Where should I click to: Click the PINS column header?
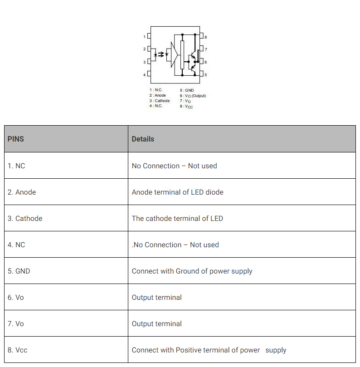click(x=16, y=139)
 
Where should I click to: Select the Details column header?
click(x=143, y=139)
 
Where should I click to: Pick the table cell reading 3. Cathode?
click(x=25, y=218)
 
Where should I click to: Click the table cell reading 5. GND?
click(x=19, y=271)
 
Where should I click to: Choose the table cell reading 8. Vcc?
click(x=18, y=350)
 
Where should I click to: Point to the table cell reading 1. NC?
click(x=16, y=166)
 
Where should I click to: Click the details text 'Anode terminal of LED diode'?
click(x=177, y=192)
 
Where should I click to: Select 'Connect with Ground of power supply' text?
click(x=192, y=271)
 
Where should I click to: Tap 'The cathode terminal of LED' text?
click(x=177, y=218)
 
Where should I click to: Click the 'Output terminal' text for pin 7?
click(x=156, y=323)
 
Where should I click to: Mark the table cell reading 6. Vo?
click(x=16, y=297)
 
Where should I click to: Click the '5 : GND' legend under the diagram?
click(x=187, y=90)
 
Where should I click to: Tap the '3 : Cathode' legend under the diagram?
click(x=160, y=101)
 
